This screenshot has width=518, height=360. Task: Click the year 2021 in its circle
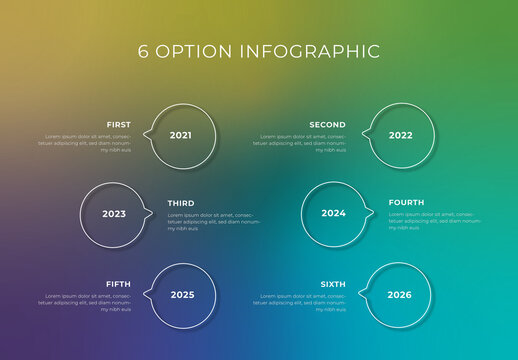pyautogui.click(x=180, y=135)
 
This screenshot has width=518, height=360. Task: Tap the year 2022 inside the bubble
pyautogui.click(x=400, y=135)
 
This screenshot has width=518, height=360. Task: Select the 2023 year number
pyautogui.click(x=114, y=214)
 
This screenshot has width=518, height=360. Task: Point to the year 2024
pyautogui.click(x=333, y=214)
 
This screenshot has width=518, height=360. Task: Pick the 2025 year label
pyautogui.click(x=182, y=295)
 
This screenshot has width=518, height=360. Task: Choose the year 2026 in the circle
pyautogui.click(x=399, y=295)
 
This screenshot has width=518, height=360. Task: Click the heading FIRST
pyautogui.click(x=119, y=125)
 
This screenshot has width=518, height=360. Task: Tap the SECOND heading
pyautogui.click(x=327, y=125)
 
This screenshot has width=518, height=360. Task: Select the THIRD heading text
pyautogui.click(x=181, y=203)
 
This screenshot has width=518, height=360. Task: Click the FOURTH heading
pyautogui.click(x=406, y=203)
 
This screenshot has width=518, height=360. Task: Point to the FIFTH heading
pyautogui.click(x=118, y=284)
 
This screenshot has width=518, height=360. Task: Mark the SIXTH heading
pyautogui.click(x=332, y=284)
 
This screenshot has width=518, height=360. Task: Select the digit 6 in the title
pyautogui.click(x=143, y=51)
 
